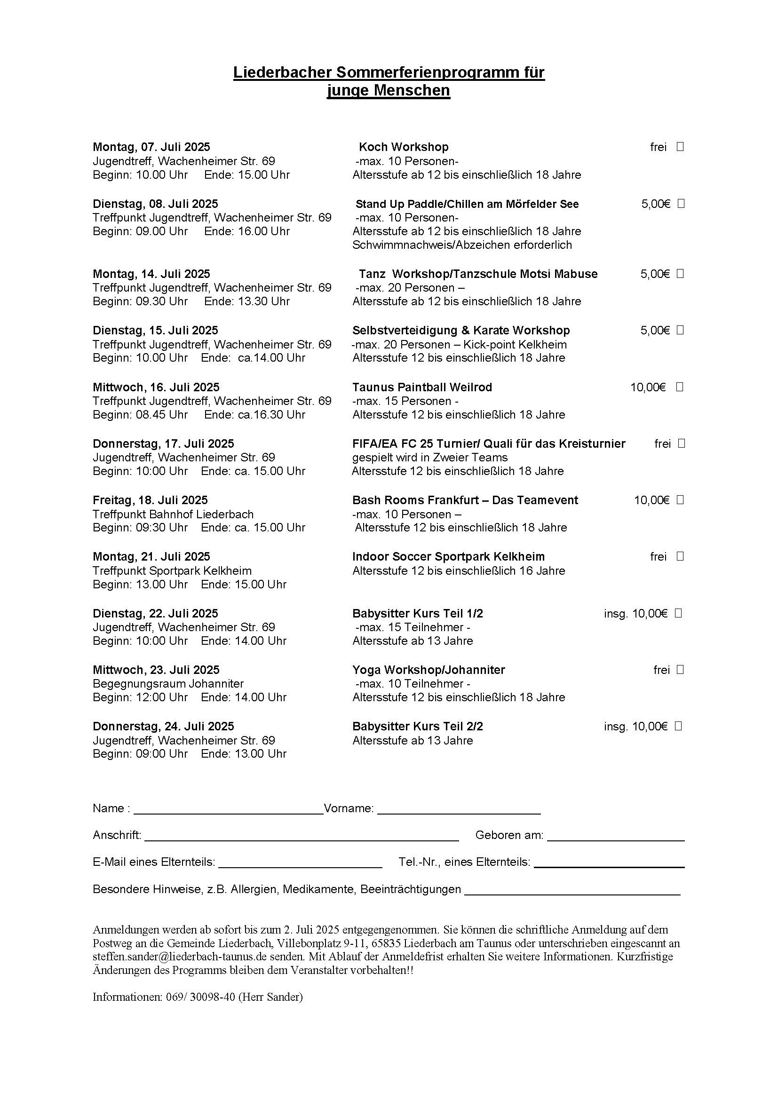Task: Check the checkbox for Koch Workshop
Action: (680, 147)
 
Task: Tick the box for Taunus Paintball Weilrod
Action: (679, 387)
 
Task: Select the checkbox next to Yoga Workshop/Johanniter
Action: (680, 669)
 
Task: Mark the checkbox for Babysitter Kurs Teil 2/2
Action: (678, 726)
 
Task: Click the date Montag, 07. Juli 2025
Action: (151, 147)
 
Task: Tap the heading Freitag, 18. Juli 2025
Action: (150, 500)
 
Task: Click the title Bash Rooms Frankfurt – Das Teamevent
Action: (465, 500)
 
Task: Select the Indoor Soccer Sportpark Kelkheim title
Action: (448, 557)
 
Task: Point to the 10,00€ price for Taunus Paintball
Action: (648, 387)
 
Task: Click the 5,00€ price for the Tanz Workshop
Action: (655, 274)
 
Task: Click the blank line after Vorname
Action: (459, 809)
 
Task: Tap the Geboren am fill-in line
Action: (616, 836)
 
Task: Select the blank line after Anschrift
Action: (302, 836)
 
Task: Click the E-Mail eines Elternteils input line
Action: (300, 863)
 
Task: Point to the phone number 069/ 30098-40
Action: (200, 997)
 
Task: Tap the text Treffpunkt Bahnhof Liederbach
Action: (173, 514)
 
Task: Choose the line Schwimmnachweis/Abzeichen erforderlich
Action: (462, 245)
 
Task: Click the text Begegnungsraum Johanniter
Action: (168, 683)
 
